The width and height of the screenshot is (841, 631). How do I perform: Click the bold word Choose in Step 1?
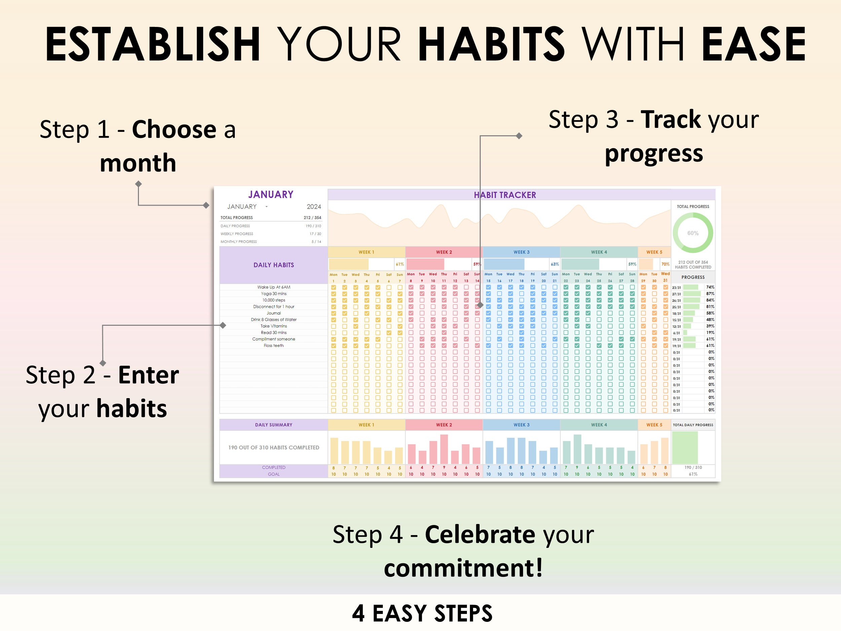[174, 129]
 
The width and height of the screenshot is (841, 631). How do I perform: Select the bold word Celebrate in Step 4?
[480, 534]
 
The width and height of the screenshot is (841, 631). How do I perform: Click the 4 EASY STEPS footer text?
[422, 613]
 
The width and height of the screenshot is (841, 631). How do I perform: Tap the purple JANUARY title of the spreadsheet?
[271, 195]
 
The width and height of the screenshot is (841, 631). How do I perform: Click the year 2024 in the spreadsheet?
[314, 207]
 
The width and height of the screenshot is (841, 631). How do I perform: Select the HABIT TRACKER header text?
[505, 195]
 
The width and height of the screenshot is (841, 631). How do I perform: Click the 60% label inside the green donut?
[693, 233]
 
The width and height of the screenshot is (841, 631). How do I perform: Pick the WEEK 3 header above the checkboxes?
[521, 252]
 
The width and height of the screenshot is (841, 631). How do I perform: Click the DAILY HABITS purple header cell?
[273, 265]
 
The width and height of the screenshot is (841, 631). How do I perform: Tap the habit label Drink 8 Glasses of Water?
[273, 319]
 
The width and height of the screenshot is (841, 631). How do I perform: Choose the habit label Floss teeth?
[273, 345]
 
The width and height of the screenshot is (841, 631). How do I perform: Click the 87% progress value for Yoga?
[710, 294]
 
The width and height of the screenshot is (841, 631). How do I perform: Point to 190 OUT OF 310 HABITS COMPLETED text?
[273, 447]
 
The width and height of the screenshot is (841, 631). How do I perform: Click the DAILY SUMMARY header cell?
[273, 425]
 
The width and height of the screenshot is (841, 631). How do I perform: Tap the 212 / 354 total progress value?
[312, 217]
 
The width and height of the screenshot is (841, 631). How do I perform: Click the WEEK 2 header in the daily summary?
[444, 425]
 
